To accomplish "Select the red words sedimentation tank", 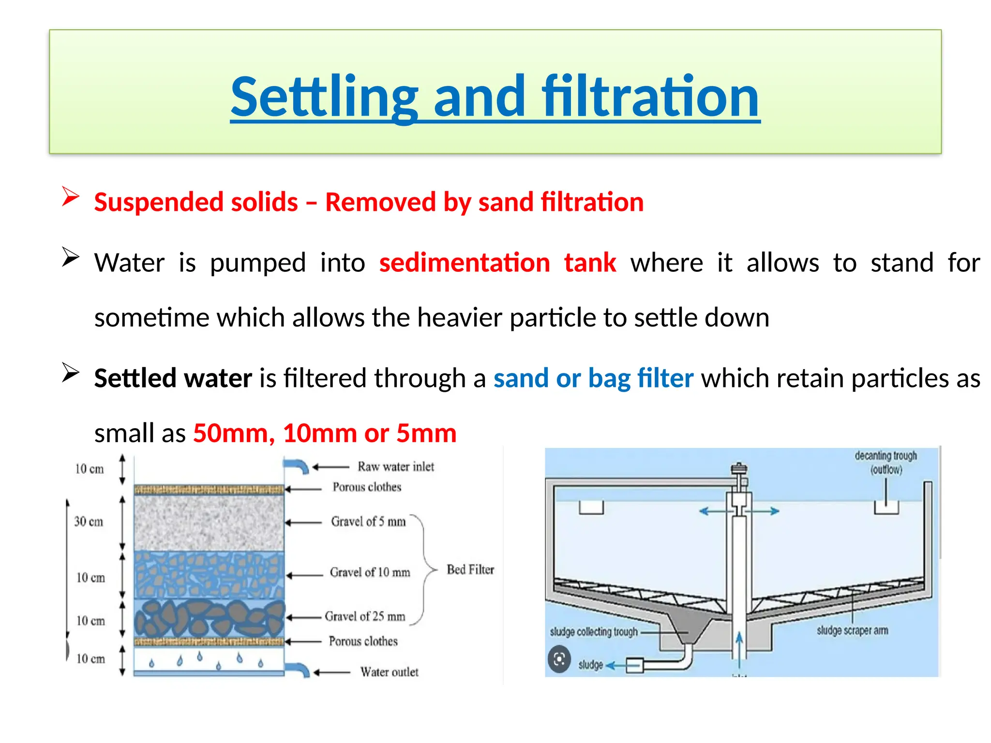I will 497,263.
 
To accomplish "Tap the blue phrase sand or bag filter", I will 593,378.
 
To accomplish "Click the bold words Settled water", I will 173,378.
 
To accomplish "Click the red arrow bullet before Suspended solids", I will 71,197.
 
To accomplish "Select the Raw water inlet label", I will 395,467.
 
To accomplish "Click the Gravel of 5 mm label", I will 368,521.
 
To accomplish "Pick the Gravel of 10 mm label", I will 370,572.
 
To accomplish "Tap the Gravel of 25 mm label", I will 365,616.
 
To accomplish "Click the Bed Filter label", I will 470,569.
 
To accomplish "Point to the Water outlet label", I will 389,672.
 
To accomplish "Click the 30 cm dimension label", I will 89,521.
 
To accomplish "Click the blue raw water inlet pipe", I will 296,466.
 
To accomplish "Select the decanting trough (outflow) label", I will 886,462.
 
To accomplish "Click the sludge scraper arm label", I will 852,630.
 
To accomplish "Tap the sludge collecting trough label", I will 594,632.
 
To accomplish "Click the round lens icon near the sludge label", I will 559,659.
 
